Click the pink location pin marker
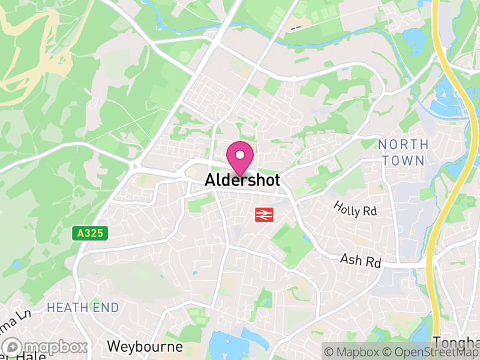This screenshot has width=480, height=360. [240, 158]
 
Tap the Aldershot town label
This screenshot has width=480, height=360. [242, 179]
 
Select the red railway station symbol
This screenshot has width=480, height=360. [264, 214]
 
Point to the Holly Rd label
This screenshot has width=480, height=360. [355, 209]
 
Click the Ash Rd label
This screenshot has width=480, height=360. [361, 261]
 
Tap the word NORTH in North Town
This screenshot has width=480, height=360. [403, 145]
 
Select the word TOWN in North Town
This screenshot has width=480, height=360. [403, 160]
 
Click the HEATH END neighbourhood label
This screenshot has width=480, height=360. [83, 308]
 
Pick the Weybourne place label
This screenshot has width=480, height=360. [145, 347]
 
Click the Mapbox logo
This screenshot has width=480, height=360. [46, 347]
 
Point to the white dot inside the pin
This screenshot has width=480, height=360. [240, 155]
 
